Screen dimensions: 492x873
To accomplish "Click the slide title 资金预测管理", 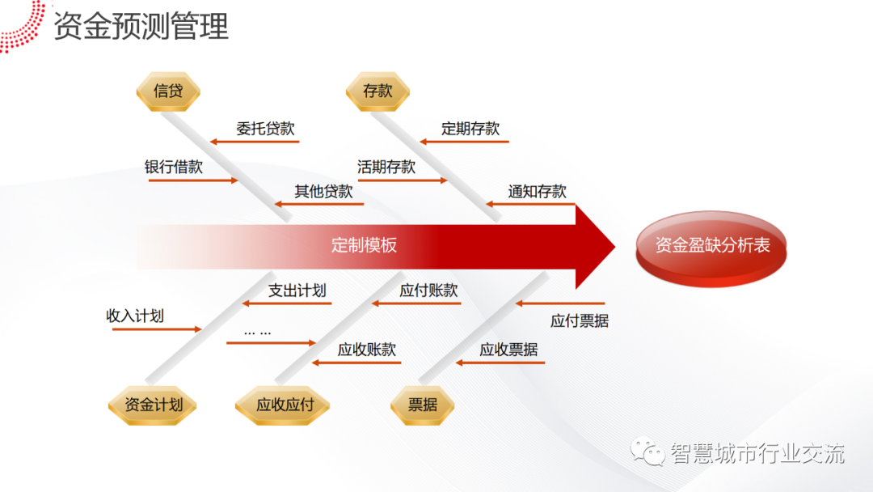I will click(x=141, y=27).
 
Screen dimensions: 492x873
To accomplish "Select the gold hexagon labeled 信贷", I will click(x=168, y=91).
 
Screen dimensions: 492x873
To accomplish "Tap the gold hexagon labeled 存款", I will click(x=377, y=91).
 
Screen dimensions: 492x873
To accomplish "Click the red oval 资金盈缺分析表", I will click(x=711, y=246).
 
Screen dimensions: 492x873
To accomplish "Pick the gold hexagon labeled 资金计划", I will click(x=153, y=405).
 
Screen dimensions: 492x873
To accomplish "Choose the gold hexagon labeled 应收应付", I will click(x=285, y=405).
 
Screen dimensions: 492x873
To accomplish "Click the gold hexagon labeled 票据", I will click(x=423, y=405).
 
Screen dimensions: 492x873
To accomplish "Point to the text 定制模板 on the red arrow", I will click(x=364, y=245).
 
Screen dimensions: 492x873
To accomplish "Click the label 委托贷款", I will click(x=265, y=128).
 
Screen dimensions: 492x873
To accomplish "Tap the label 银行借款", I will click(x=174, y=168).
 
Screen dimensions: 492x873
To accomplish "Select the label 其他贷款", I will click(x=323, y=191).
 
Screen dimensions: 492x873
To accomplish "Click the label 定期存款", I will click(x=470, y=128).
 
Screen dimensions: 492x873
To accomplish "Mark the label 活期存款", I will click(x=386, y=168).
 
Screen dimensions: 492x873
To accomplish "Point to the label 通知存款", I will click(x=537, y=191).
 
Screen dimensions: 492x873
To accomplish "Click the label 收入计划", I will click(x=135, y=316).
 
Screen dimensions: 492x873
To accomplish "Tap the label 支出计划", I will click(x=297, y=291).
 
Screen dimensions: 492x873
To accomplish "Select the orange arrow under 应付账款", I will click(x=415, y=303).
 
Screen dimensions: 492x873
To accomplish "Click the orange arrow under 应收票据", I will click(x=500, y=363).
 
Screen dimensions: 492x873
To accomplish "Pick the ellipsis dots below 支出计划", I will click(x=258, y=332).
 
